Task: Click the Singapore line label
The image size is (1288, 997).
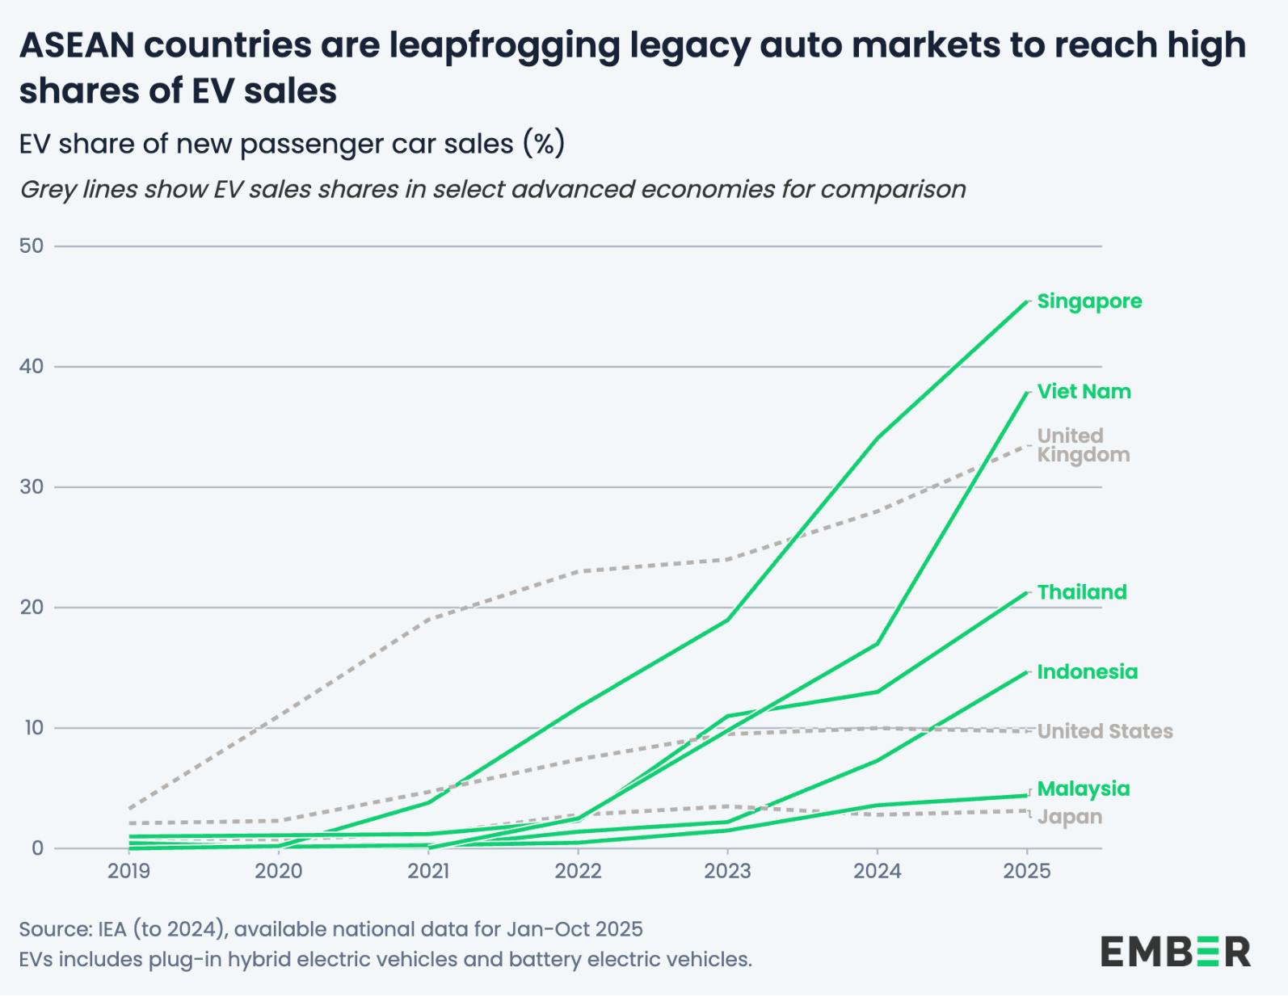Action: click(1088, 301)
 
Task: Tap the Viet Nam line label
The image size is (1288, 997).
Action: click(1084, 392)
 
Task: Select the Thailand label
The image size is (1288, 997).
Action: click(1081, 592)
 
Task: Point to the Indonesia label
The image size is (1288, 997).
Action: click(1087, 672)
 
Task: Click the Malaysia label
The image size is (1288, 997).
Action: click(1083, 789)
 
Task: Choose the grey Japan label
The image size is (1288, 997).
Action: click(1069, 817)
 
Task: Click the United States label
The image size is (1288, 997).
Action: click(1105, 731)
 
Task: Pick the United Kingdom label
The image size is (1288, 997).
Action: click(1083, 445)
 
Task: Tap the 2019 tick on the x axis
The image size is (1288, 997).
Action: click(129, 871)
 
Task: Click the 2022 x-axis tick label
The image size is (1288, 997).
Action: click(578, 871)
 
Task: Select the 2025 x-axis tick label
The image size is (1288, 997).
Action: click(1026, 871)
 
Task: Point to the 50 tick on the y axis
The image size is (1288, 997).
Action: click(32, 246)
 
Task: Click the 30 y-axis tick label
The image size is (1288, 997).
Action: click(32, 487)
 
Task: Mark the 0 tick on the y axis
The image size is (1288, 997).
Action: click(37, 848)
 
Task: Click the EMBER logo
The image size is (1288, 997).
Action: click(1175, 952)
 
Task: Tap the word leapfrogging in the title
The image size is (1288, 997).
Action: click(504, 45)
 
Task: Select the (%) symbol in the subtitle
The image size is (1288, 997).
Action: click(543, 144)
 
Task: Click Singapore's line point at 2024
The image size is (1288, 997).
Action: click(878, 438)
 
